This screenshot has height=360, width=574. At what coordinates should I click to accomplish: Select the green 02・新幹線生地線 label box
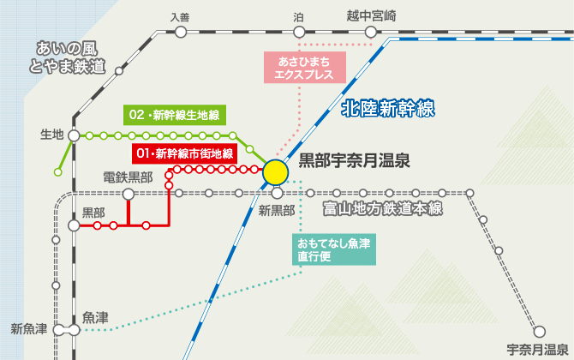pos(173,114)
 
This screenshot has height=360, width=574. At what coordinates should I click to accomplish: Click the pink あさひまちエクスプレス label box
pos(305,66)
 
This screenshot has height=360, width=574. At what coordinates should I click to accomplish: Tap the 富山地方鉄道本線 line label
pos(382,208)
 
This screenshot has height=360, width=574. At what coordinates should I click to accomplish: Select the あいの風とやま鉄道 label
pos(69,56)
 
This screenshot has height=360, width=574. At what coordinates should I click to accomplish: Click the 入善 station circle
pos(180,33)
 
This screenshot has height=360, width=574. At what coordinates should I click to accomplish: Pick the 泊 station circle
pos(298,33)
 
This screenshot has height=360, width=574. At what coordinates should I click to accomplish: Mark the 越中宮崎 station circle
pos(371,33)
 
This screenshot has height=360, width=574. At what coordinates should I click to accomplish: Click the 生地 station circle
pos(74,135)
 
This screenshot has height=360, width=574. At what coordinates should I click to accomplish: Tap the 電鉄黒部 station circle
pos(129,194)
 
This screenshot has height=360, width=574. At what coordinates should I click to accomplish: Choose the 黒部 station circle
pos(74,225)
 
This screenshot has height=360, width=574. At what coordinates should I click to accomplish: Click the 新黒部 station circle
pos(277,194)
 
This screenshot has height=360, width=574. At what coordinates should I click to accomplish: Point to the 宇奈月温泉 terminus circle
pos(539,331)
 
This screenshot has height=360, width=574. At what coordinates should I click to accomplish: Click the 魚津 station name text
pos(96,317)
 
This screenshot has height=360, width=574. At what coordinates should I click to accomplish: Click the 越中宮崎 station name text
pos(372,15)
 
